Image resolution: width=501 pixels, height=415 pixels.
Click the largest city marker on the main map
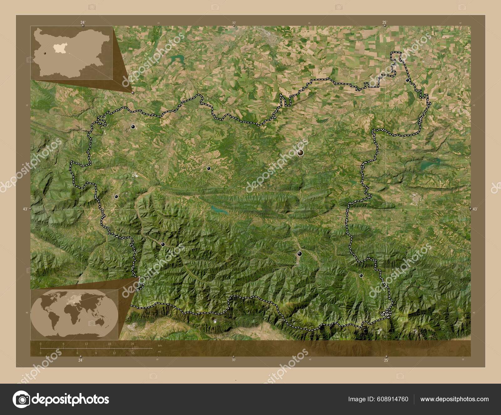pos(300,153)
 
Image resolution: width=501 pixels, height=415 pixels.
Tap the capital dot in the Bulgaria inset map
pos(45,53)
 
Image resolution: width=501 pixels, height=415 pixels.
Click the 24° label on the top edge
pos(83,22)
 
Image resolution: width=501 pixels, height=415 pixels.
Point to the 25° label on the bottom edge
pos(386,360)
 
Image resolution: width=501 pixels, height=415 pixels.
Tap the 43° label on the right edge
pos(475,209)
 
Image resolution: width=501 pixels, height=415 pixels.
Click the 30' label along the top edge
pos(234,23)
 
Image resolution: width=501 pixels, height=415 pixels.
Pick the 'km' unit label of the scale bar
pos(160,345)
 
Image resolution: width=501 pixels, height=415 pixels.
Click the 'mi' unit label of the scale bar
pos(159,352)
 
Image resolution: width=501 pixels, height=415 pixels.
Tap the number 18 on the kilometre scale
pos(109,344)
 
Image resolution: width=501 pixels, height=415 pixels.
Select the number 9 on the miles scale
pos(96,353)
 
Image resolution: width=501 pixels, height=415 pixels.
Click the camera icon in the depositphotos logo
pos(21,399)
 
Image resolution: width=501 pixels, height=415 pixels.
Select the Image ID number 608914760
pos(393,399)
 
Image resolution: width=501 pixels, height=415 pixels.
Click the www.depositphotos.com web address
pos(454,399)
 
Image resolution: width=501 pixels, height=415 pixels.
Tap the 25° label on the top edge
pos(385,22)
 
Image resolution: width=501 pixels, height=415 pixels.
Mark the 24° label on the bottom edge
pos(80,360)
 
